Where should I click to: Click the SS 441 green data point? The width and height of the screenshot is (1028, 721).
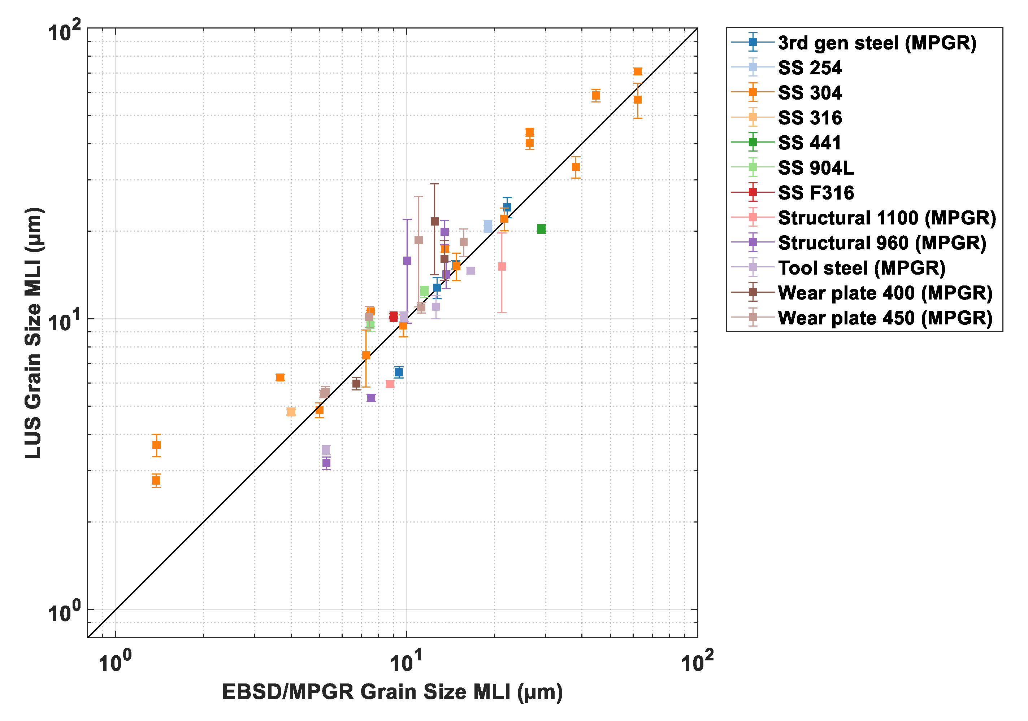(x=541, y=229)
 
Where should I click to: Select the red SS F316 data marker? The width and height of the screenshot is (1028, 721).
(x=394, y=316)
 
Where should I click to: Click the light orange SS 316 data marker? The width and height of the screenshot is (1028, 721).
(x=291, y=412)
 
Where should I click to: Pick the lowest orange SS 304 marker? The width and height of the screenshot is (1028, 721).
(x=156, y=481)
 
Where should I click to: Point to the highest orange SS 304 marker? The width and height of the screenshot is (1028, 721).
(x=638, y=71)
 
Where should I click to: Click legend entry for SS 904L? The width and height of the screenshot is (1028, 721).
(x=816, y=168)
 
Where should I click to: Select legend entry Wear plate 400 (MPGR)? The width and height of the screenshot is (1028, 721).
(x=885, y=293)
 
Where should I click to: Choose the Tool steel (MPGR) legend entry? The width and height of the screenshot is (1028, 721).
(x=862, y=268)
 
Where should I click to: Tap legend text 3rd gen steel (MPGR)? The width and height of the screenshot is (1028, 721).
(x=877, y=43)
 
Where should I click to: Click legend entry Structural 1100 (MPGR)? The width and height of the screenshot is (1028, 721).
(x=886, y=218)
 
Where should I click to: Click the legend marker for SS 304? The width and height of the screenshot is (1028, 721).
(x=752, y=93)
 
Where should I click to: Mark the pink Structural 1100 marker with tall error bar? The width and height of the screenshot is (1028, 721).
(x=502, y=267)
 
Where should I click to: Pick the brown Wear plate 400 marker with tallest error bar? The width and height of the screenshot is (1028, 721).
(x=434, y=222)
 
